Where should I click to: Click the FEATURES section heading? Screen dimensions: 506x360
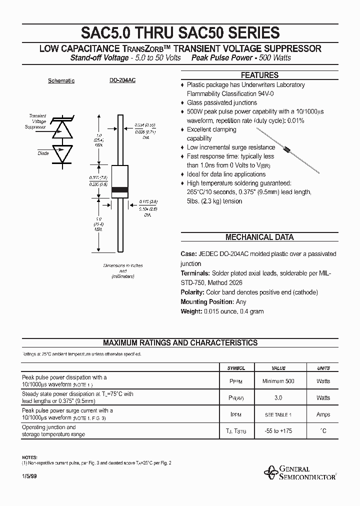coord(259,75)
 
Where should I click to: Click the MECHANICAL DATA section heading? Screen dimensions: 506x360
coord(259,237)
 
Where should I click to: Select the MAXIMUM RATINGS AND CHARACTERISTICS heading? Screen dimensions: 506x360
coord(180,343)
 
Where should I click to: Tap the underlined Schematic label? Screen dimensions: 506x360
coord(61,81)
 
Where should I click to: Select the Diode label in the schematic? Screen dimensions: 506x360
coord(43,153)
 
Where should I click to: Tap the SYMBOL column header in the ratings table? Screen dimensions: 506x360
coord(236,368)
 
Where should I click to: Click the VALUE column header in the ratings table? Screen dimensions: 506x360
coord(278,368)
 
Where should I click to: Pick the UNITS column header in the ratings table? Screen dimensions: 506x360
coord(323,368)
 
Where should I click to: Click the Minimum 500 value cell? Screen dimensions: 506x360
coord(278,381)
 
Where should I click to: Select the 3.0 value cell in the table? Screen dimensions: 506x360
coord(278,397)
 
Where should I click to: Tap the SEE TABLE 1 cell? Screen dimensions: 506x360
coord(278,414)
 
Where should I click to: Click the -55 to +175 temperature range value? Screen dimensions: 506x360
coord(278,431)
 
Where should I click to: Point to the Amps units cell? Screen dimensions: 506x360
coord(323,414)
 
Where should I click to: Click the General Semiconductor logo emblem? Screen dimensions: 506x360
coord(272,471)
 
